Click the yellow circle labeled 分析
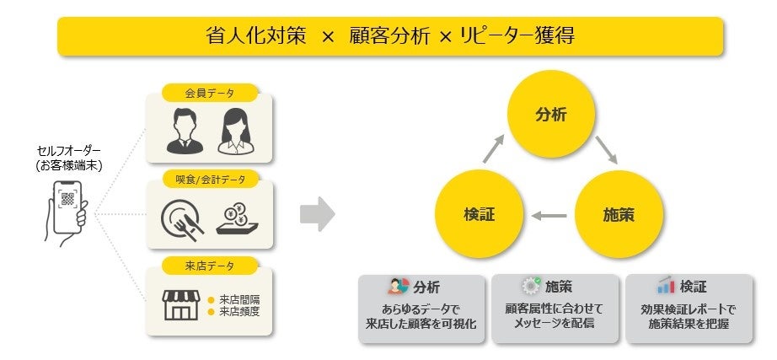tap(551, 116)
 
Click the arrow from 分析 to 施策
tap(606, 150)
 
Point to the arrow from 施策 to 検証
tap(549, 215)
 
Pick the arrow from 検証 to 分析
tap(493, 150)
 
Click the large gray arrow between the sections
tap(317, 214)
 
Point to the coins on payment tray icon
tap(235, 217)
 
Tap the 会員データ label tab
tap(210, 92)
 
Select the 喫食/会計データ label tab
tap(210, 180)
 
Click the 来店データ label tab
tap(210, 266)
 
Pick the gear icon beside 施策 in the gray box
tap(531, 286)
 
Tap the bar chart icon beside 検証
tap(666, 286)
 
